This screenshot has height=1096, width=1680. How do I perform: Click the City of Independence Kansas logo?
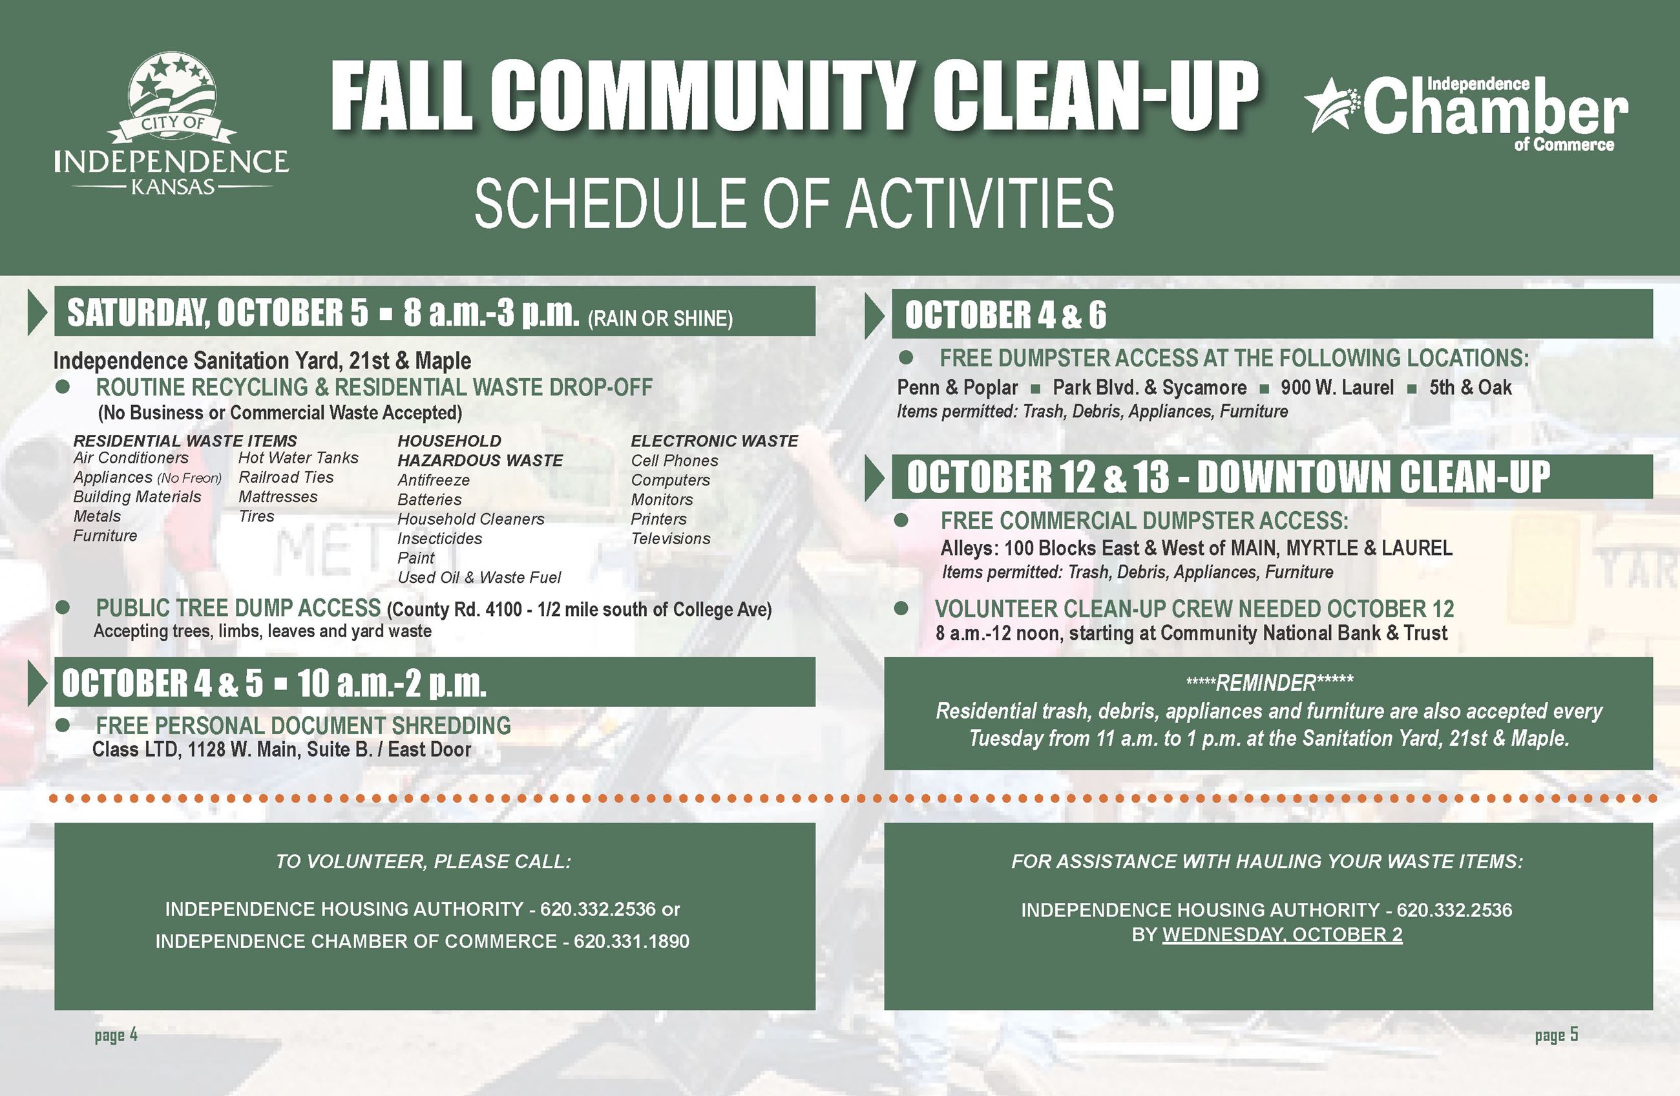(x=171, y=124)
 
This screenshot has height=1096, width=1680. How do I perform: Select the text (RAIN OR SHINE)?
(x=660, y=319)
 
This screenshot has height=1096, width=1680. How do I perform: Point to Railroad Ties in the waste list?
(x=286, y=478)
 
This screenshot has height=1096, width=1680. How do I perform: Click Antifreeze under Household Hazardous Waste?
(x=434, y=480)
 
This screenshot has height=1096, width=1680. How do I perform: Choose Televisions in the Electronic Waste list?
(x=671, y=539)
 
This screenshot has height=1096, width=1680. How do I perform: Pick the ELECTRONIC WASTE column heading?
(x=715, y=441)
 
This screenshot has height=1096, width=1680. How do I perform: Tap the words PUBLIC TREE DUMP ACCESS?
(x=238, y=608)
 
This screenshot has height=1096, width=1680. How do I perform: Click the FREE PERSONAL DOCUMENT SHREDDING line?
(x=304, y=725)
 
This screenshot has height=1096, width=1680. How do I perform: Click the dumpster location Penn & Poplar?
(x=957, y=388)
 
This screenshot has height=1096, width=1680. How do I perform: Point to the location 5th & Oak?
(x=1471, y=388)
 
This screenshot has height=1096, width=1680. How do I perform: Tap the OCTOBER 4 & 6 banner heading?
(x=1005, y=315)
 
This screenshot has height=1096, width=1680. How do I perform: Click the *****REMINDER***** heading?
(x=1269, y=683)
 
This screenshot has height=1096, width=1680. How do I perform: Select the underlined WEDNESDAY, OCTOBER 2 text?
(x=1282, y=934)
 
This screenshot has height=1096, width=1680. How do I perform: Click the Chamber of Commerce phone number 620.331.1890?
(x=631, y=942)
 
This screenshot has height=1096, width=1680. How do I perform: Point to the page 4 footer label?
(x=116, y=1035)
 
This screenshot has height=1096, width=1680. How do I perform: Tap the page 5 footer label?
(x=1557, y=1035)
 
